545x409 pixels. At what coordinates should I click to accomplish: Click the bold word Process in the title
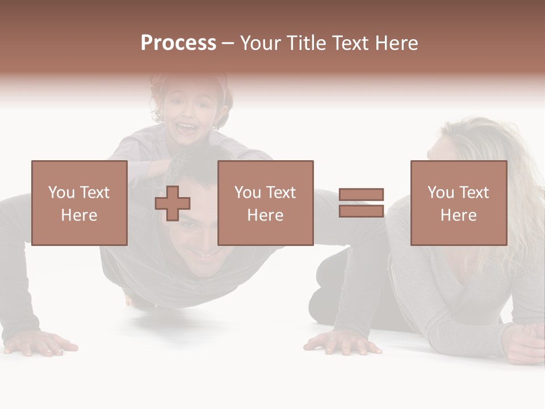click(178, 43)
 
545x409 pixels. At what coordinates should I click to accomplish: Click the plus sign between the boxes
click(173, 203)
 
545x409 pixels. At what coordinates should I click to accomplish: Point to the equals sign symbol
click(361, 203)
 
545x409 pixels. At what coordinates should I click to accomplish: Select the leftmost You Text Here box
click(79, 203)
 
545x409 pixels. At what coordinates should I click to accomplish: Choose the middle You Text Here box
click(265, 203)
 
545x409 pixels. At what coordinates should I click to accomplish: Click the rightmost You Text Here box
click(458, 203)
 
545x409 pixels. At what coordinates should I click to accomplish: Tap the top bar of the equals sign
click(361, 195)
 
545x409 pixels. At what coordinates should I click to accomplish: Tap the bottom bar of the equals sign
click(361, 211)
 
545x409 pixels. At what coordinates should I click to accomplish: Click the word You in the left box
click(61, 193)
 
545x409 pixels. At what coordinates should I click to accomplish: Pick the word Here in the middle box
click(265, 215)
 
